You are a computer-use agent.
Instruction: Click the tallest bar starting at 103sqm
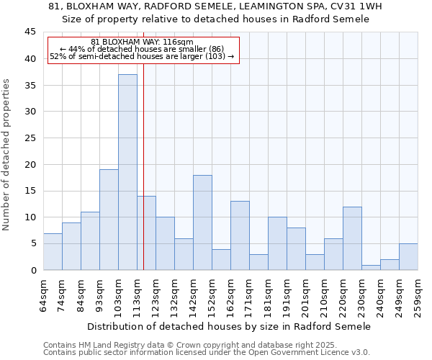click(127, 172)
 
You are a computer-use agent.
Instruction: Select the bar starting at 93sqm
click(109, 220)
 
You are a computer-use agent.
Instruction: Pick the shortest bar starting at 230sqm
click(371, 267)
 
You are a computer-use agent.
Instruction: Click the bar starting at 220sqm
click(352, 238)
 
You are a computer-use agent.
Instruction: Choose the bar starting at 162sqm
click(240, 235)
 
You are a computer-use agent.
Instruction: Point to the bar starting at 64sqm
click(53, 251)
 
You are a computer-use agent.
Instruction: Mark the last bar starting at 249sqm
click(408, 256)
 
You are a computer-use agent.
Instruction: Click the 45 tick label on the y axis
click(30, 32)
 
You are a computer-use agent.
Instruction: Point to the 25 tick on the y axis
click(30, 138)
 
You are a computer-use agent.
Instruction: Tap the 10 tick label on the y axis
click(30, 217)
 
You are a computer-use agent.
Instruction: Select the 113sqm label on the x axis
click(138, 294)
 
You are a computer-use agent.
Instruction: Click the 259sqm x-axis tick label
click(418, 294)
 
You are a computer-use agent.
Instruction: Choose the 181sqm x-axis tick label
click(269, 294)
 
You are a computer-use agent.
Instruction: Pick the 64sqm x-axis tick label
click(44, 294)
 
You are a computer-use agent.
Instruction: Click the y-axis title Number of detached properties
click(7, 155)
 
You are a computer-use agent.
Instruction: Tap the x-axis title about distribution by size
click(230, 326)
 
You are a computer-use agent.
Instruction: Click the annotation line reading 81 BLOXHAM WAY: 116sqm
click(143, 42)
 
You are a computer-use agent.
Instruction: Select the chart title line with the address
click(215, 6)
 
